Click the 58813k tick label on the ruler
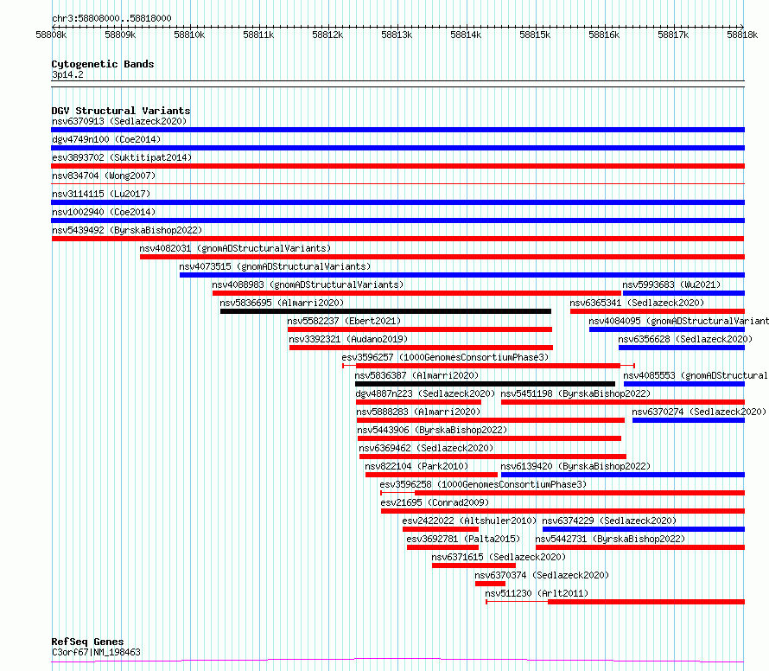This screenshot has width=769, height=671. tap(397, 35)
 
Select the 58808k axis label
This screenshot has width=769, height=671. tap(51, 35)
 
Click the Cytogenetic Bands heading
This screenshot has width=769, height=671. tap(103, 64)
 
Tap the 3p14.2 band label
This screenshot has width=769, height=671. tap(67, 74)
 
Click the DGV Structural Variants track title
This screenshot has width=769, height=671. tap(121, 111)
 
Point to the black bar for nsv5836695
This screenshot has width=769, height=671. tap(385, 311)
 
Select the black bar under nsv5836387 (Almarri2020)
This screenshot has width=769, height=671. tap(485, 384)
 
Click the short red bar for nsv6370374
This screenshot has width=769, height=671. tap(490, 584)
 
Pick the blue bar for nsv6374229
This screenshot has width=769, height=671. tap(644, 529)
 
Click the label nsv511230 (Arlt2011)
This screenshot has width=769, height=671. tap(537, 593)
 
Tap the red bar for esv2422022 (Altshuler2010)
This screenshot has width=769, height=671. tap(441, 529)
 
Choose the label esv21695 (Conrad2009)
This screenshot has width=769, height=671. tap(435, 502)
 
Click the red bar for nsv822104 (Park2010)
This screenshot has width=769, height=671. tap(431, 475)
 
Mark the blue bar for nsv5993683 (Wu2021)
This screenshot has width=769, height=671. tap(683, 293)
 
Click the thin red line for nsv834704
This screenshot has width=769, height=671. tap(397, 184)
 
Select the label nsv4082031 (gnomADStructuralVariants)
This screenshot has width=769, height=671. tap(235, 248)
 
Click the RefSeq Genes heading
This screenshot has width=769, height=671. tap(87, 642)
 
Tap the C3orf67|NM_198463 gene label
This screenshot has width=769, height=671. tap(96, 652)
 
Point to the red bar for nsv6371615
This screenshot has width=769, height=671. tap(473, 566)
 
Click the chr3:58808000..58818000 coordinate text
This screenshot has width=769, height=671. tap(111, 18)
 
